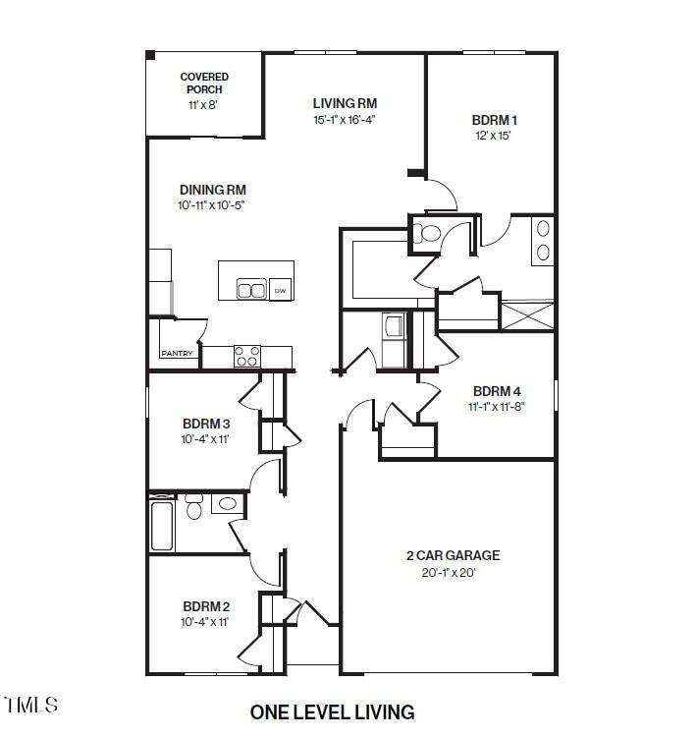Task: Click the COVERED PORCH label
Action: [204, 83]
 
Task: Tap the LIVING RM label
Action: [345, 103]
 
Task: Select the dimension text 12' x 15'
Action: [493, 136]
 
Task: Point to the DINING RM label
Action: [213, 190]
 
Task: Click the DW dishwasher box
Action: [280, 290]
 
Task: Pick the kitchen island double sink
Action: [251, 289]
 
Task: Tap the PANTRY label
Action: [177, 353]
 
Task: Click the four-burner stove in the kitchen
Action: [247, 357]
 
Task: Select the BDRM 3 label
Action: [206, 424]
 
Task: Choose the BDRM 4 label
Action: [497, 391]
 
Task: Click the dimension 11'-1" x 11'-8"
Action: [497, 407]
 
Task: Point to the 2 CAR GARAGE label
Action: [454, 555]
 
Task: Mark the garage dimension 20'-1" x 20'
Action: [449, 573]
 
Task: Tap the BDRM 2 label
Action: [206, 606]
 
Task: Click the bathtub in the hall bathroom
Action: [162, 526]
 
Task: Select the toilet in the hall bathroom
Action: [193, 506]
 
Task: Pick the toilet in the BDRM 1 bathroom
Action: [427, 232]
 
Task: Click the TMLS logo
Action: [30, 705]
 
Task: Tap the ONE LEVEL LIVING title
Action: [333, 712]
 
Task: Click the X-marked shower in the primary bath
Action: [527, 314]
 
